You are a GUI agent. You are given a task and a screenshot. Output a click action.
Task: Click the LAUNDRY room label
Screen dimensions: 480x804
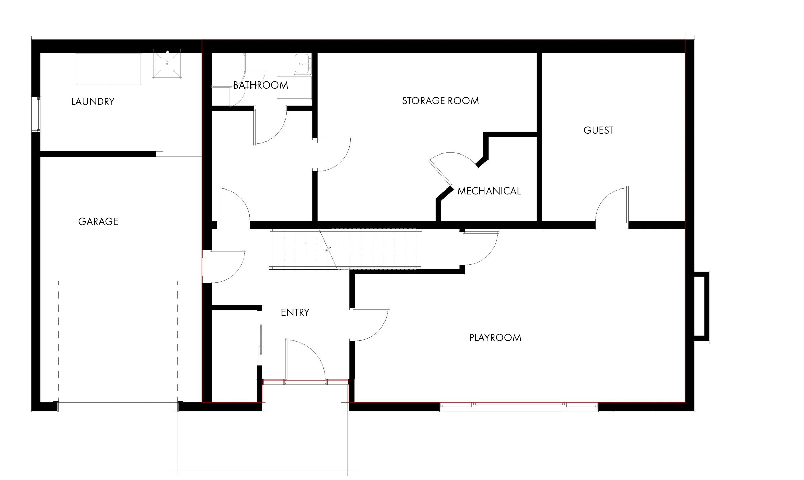(93, 102)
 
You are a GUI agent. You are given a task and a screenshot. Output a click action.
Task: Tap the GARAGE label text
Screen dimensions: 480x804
(98, 221)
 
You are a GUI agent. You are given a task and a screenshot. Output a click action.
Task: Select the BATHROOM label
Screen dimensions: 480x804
(261, 85)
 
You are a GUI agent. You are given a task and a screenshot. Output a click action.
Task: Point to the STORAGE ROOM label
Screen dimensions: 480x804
(440, 101)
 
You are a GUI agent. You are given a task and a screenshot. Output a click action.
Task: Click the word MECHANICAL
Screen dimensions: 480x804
(489, 191)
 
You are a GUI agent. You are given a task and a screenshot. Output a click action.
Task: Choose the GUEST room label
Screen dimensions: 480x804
(598, 130)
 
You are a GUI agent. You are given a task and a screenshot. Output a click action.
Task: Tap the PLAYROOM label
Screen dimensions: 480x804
(495, 338)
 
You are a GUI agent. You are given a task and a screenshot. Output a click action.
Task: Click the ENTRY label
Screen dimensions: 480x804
(295, 312)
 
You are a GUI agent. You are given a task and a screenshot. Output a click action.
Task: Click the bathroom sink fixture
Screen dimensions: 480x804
(303, 64)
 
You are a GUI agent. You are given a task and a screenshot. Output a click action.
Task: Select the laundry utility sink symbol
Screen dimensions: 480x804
(167, 64)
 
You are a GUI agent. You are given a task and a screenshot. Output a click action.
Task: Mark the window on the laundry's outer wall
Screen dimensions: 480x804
(36, 114)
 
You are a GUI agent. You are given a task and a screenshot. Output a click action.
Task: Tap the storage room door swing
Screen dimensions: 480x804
(333, 155)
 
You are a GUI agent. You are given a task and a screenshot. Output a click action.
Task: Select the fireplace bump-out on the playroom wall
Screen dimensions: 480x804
(701, 306)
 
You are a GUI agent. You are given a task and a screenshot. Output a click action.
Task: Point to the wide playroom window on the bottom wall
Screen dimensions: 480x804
(518, 407)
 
